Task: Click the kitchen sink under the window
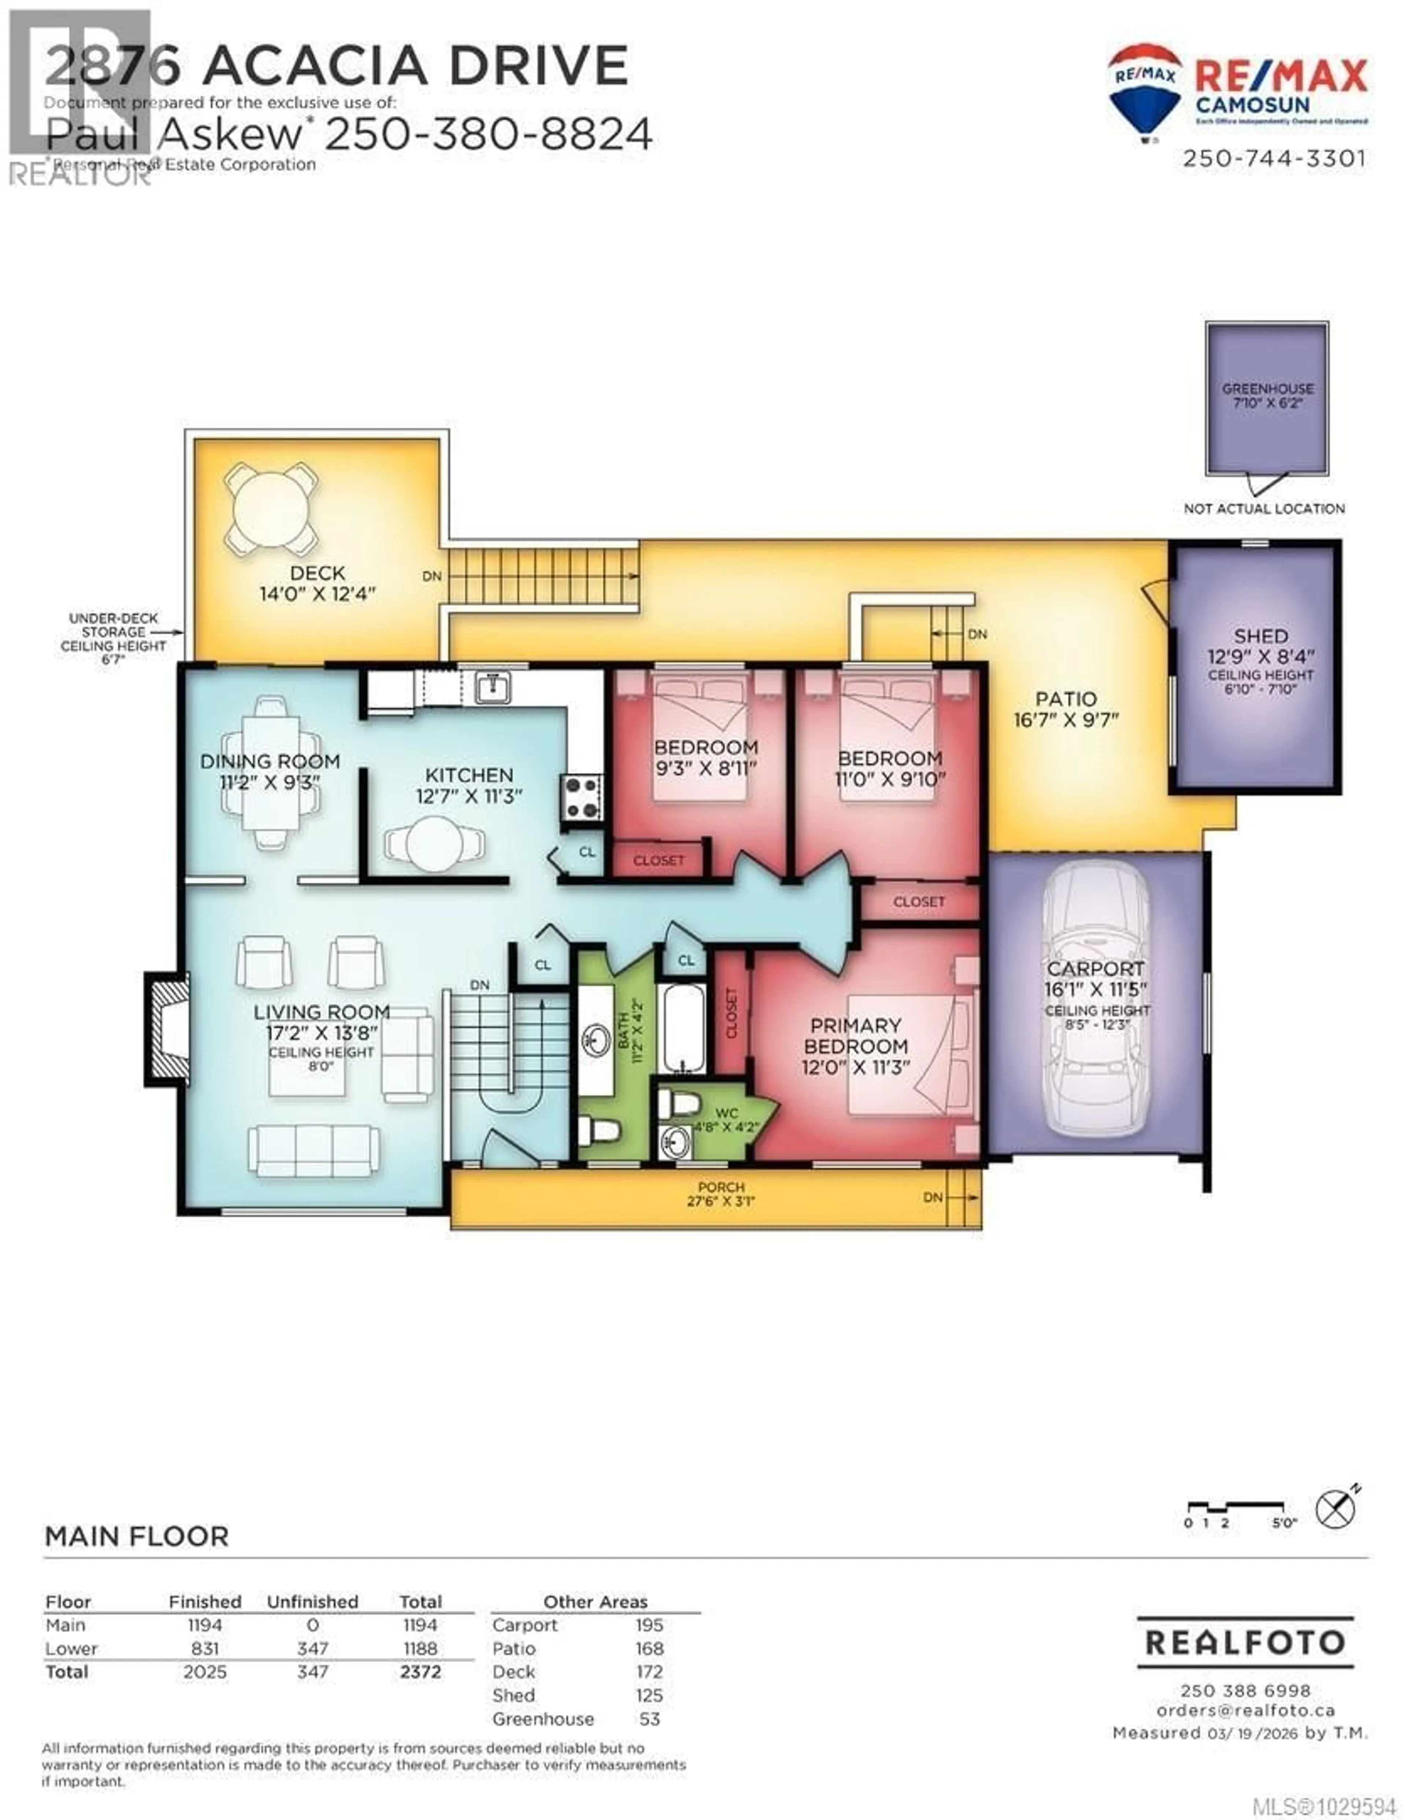click(492, 687)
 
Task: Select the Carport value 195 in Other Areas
click(649, 1625)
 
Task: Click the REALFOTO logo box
click(1245, 1643)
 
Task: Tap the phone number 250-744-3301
click(1274, 158)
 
